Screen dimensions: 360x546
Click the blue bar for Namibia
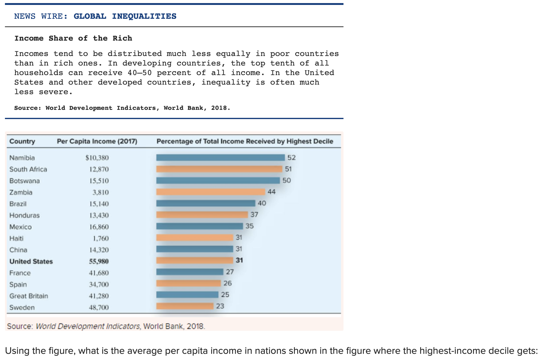pyautogui.click(x=220, y=158)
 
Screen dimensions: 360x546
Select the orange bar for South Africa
pyautogui.click(x=219, y=169)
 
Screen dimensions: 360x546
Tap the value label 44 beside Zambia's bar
pyautogui.click(x=271, y=192)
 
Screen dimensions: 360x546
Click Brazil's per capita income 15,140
pyautogui.click(x=99, y=204)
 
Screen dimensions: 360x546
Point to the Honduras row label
pyautogui.click(x=24, y=215)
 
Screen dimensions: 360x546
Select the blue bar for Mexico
pyautogui.click(x=199, y=226)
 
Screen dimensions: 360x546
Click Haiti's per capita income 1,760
pyautogui.click(x=101, y=238)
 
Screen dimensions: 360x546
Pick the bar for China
pyautogui.click(x=195, y=249)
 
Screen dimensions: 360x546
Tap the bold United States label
pyautogui.click(x=31, y=262)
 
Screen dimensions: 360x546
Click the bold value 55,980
pyautogui.click(x=99, y=262)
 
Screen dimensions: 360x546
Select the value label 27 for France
pyautogui.click(x=230, y=272)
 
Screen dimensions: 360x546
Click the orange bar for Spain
pyautogui.click(x=188, y=283)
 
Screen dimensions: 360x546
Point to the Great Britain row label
pyautogui.click(x=29, y=296)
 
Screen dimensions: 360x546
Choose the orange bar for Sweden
pyautogui.click(x=185, y=306)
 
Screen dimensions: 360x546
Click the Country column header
pyautogui.click(x=22, y=141)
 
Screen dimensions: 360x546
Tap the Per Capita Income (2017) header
pyautogui.click(x=97, y=141)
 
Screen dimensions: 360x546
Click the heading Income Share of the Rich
pyautogui.click(x=73, y=38)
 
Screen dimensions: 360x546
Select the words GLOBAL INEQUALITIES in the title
pyautogui.click(x=125, y=16)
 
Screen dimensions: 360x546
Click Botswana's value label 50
pyautogui.click(x=286, y=180)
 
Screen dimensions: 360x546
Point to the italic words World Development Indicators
pyautogui.click(x=88, y=326)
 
